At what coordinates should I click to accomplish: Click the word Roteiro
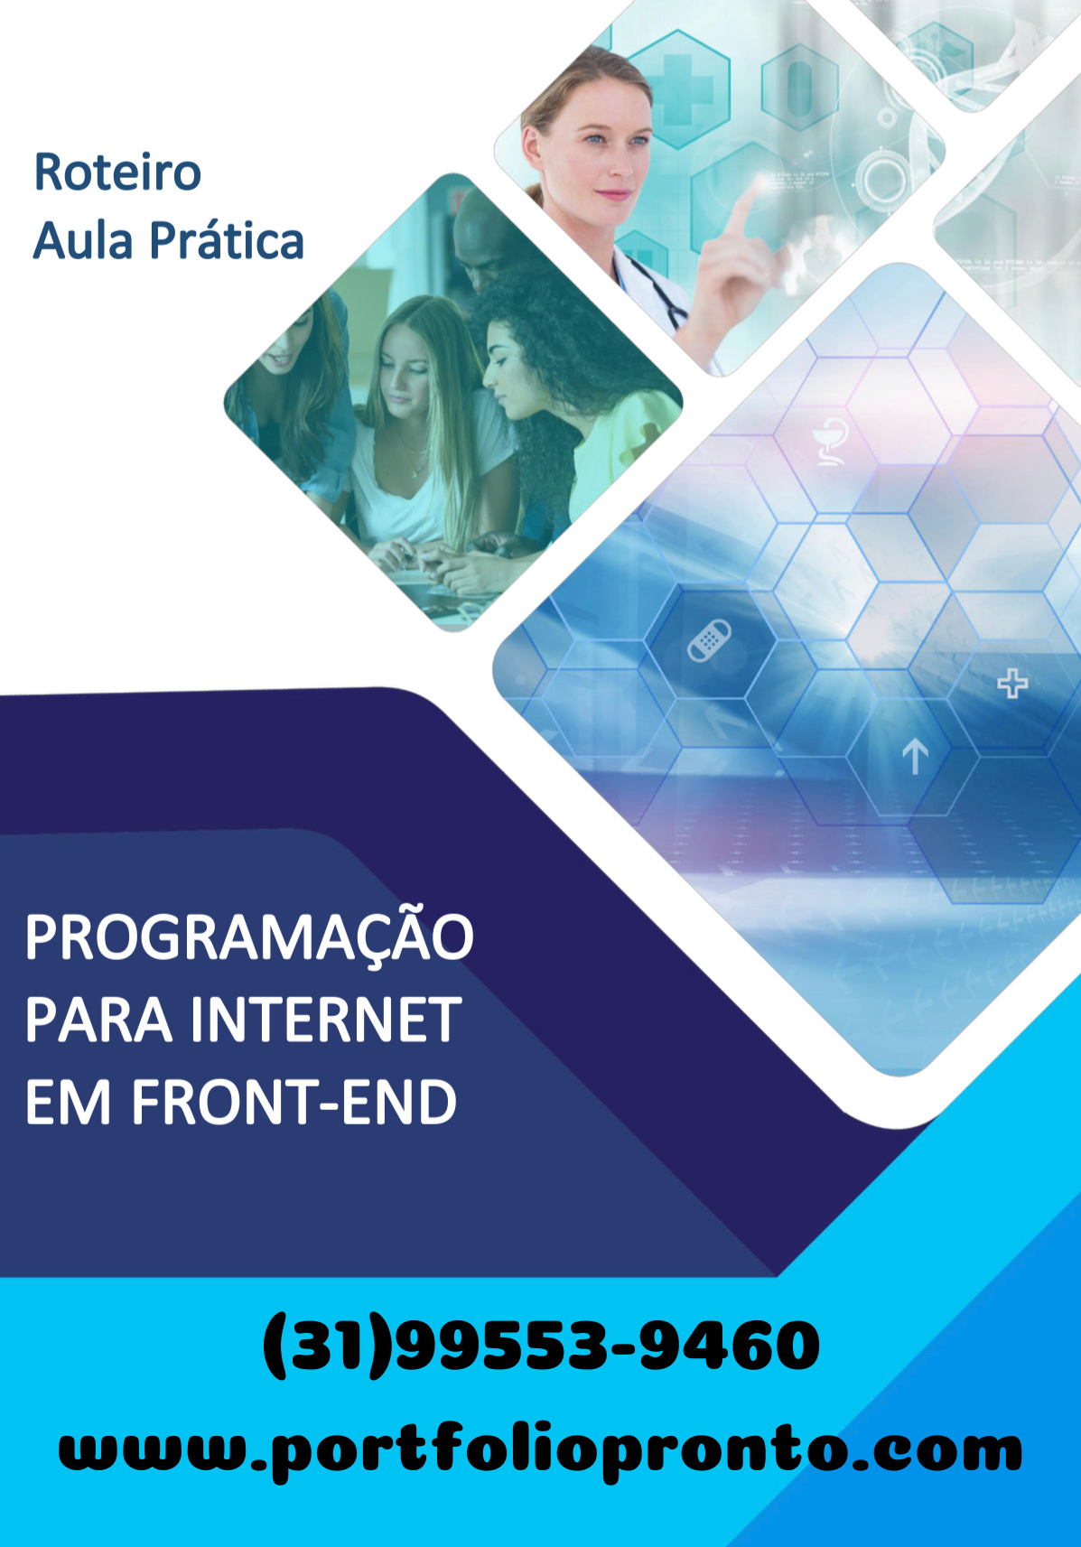(117, 172)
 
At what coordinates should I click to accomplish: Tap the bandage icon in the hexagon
(709, 640)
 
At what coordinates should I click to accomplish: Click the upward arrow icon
(915, 756)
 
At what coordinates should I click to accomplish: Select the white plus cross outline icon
(1012, 683)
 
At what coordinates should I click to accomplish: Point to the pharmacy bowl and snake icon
(828, 442)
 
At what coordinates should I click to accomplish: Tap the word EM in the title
(68, 1103)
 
